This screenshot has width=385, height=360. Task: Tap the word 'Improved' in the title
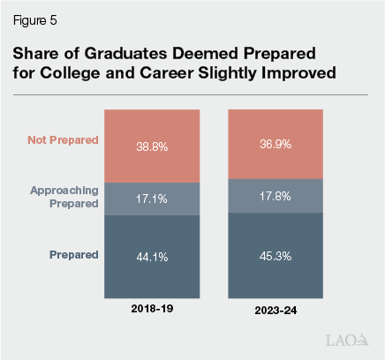(x=298, y=72)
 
